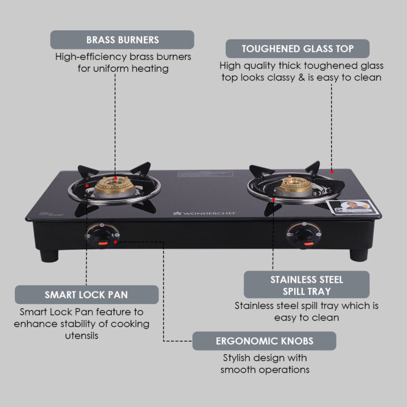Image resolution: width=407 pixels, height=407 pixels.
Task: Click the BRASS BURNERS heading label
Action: click(x=122, y=40)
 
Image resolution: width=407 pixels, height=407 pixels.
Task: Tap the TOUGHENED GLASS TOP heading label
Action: click(x=298, y=49)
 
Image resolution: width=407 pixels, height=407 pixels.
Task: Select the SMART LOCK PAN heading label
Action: click(x=86, y=295)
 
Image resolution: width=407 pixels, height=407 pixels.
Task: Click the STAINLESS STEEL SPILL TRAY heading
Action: click(x=307, y=285)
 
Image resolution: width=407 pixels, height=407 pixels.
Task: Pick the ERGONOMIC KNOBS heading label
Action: click(x=264, y=341)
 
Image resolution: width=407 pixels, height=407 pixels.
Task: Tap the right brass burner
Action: click(x=291, y=186)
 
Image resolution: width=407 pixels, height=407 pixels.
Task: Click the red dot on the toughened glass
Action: click(x=332, y=171)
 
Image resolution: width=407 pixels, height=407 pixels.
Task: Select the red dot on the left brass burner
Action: click(x=115, y=178)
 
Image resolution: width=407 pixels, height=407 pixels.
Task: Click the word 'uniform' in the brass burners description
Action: click(x=115, y=68)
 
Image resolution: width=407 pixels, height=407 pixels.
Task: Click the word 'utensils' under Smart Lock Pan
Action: click(x=81, y=335)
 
